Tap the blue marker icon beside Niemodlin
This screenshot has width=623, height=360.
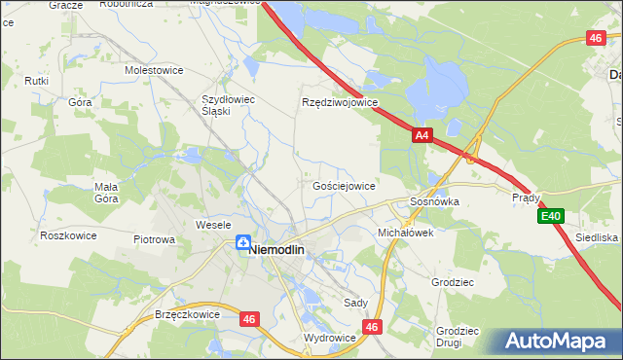[x=240, y=243]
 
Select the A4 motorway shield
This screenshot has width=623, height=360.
[x=421, y=137]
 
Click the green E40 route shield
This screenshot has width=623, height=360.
[x=552, y=216]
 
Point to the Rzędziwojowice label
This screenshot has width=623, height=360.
[x=339, y=102]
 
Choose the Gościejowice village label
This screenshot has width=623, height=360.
[x=344, y=185]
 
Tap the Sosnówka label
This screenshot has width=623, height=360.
[x=433, y=201]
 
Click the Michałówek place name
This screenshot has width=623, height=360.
[x=405, y=234]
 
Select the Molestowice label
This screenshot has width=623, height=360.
[x=155, y=70]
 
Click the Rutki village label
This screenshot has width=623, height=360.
[x=37, y=81]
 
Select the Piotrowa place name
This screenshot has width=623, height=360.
[x=154, y=238]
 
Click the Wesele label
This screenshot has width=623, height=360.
[x=212, y=225]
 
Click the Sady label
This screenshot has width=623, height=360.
[x=356, y=303]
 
